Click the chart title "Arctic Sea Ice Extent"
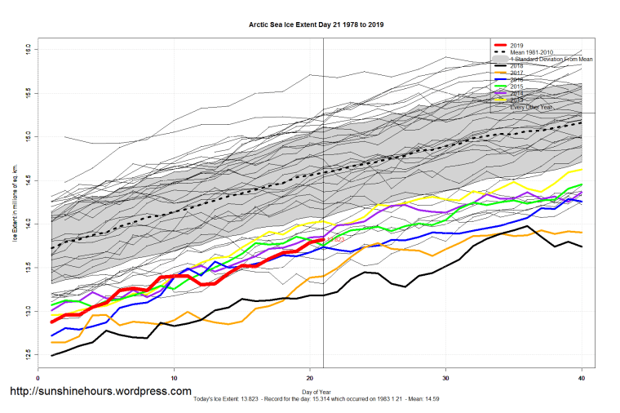coord(316,24)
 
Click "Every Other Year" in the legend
coord(534,107)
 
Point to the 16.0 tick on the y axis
coord(29,48)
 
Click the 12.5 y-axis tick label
coord(29,354)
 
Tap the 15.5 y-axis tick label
coord(29,91)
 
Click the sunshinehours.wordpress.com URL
coord(100,392)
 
